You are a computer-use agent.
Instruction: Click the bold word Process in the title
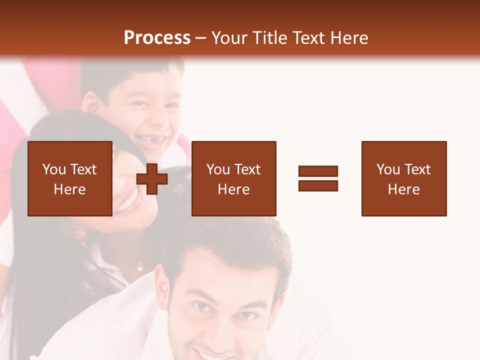(x=157, y=38)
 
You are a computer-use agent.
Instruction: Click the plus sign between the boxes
(x=152, y=179)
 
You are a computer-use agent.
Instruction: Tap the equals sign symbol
(x=318, y=178)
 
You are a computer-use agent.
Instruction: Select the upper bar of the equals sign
(x=318, y=171)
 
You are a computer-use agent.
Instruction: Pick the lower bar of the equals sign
(x=318, y=185)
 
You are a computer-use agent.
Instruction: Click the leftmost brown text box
(x=69, y=178)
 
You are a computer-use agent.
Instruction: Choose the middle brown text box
(x=233, y=178)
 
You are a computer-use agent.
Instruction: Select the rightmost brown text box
(x=404, y=178)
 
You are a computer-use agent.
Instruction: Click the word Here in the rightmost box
(x=404, y=189)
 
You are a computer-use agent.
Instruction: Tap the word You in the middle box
(x=218, y=169)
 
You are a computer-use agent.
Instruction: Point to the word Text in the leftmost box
(x=83, y=169)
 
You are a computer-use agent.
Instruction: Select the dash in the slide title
(x=201, y=38)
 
